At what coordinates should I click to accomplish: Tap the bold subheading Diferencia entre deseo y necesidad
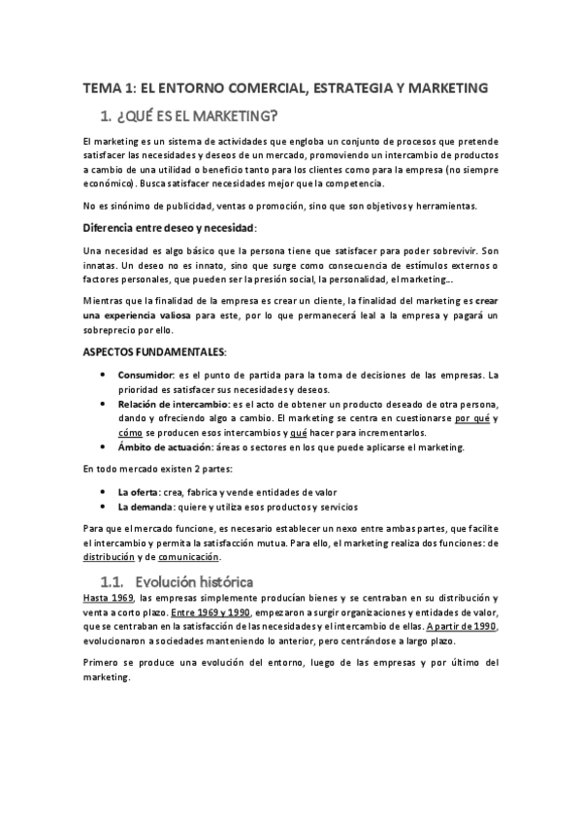[170, 227]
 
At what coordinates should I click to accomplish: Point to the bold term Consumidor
[147, 375]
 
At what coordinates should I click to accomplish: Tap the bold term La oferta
[140, 492]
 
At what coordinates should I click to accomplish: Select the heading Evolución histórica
[194, 582]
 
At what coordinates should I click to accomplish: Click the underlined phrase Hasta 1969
[108, 599]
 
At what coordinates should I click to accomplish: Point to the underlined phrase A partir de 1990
[461, 627]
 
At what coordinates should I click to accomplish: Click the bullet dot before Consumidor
[105, 376]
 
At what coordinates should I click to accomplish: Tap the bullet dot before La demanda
[105, 508]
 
